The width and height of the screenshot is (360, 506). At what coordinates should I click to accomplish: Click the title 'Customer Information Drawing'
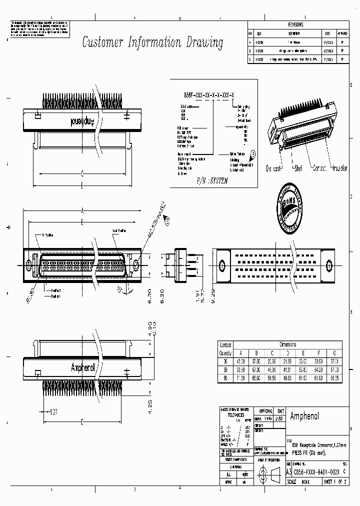coord(152,42)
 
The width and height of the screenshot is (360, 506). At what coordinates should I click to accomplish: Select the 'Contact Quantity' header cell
coord(225,347)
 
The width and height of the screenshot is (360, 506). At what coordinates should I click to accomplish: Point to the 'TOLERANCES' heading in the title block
coord(233,414)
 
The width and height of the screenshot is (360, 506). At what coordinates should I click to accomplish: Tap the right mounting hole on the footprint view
coord(328,264)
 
